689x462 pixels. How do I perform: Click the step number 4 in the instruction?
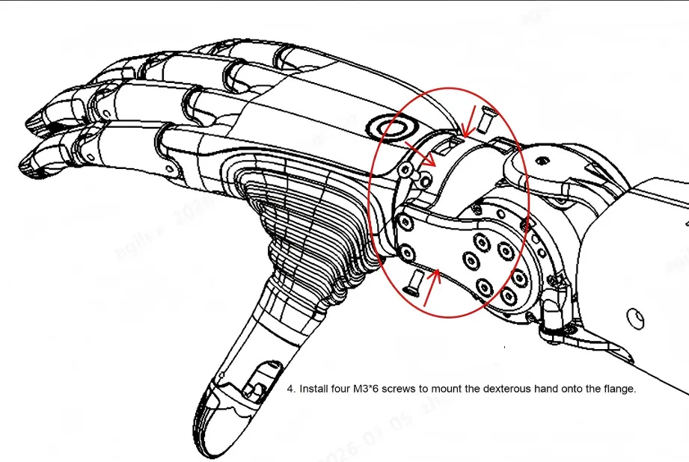290,389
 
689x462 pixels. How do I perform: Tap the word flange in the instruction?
619,389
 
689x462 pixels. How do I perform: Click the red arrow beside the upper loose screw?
469,121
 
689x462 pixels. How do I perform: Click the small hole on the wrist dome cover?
542,158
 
